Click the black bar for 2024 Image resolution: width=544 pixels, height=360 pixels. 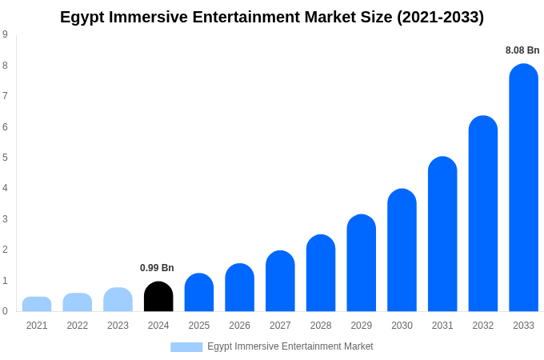[x=158, y=297]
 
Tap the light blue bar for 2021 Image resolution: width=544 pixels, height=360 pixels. [x=37, y=304]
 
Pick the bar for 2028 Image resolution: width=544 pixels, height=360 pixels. [x=321, y=274]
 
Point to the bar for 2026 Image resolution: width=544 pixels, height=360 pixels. [x=239, y=288]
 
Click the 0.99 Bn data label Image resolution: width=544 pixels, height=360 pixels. [x=157, y=268]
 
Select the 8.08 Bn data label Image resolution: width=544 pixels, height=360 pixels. [x=522, y=50]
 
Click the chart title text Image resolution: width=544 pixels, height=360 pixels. [x=272, y=17]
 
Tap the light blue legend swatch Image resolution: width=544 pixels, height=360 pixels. [x=186, y=346]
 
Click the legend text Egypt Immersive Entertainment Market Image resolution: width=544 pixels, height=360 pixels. [x=290, y=346]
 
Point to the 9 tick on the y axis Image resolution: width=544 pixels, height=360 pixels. [x=5, y=34]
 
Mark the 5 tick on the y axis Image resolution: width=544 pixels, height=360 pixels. [x=5, y=158]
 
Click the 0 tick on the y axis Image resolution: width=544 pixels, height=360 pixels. [x=5, y=311]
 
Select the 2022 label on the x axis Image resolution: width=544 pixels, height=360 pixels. [x=78, y=326]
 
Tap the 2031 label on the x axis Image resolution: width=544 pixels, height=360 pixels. [x=442, y=326]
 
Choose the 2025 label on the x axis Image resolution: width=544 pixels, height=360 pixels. [x=199, y=326]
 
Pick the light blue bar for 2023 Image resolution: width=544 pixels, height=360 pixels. [x=118, y=300]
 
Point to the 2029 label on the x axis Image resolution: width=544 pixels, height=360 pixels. [x=362, y=326]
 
